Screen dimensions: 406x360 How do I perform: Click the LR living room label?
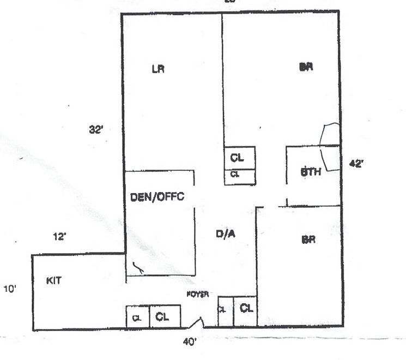coord(158,69)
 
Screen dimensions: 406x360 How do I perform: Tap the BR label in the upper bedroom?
coord(306,68)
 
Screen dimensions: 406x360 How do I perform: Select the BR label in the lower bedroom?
coord(308,239)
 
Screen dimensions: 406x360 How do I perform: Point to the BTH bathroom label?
coord(311,172)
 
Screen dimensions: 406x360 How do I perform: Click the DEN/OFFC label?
coord(157,197)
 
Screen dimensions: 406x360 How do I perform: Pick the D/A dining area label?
coord(226,235)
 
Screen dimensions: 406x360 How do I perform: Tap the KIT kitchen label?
coord(53,281)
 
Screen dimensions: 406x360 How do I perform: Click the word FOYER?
coord(197,293)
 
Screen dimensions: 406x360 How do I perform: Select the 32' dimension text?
coord(96,130)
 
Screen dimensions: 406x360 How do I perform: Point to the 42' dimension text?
coord(356,163)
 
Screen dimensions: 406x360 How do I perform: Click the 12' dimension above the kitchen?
coord(59,237)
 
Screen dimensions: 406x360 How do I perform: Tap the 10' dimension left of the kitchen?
coord(10,290)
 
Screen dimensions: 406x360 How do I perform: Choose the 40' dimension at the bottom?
coord(190,343)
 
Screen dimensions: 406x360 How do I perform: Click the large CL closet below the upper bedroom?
coord(240,158)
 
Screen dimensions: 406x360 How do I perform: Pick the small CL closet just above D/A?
coord(239,177)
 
